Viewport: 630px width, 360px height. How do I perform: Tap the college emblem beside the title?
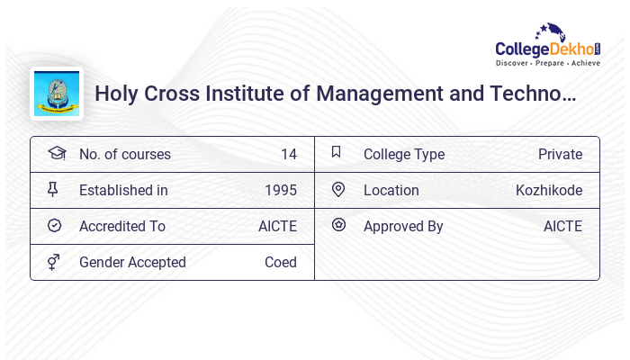coord(57,94)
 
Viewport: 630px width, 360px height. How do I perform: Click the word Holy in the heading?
coord(116,94)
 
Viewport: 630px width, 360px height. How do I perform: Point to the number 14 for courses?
coord(288,155)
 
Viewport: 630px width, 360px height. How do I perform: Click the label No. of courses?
coord(124,155)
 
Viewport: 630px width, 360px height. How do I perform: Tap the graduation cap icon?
coord(56,154)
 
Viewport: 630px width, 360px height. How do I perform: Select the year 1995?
coord(281,191)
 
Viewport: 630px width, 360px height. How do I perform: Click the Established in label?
coord(123,191)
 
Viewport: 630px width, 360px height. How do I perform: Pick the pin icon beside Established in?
coord(53,190)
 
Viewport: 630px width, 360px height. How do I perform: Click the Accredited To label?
coord(122,227)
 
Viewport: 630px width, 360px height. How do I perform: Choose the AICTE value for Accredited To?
coord(277,227)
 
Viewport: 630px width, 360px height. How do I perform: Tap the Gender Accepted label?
coord(132,263)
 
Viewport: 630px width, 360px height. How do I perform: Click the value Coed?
coord(281,263)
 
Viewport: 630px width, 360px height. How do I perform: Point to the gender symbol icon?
coord(53,262)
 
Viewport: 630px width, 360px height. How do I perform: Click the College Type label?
coord(404,155)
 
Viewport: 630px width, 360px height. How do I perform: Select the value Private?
coord(560,155)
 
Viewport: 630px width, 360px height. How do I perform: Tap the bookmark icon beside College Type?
coord(337,153)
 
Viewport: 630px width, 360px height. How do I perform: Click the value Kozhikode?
coord(549,191)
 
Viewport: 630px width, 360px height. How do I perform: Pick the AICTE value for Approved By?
coord(562,227)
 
